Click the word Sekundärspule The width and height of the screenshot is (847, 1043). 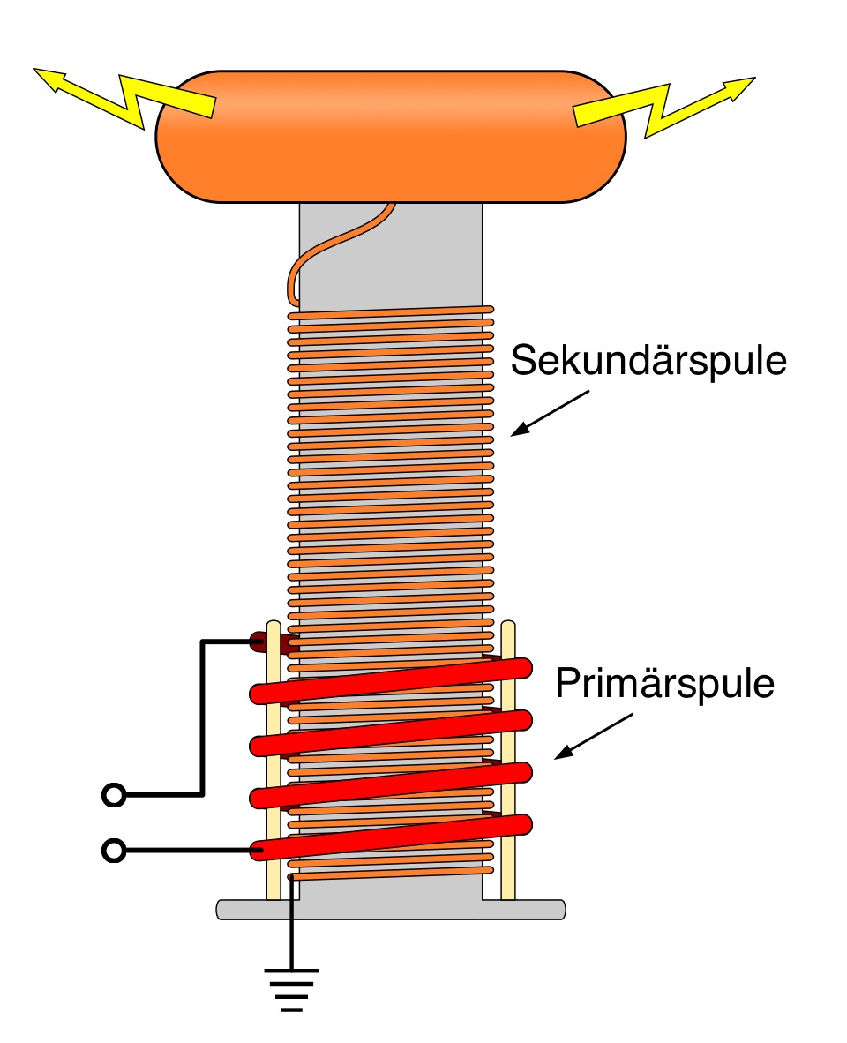(x=649, y=361)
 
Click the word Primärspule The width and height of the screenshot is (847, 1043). (x=665, y=685)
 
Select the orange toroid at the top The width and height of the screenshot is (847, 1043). (x=391, y=137)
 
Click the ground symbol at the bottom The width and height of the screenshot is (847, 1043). (x=291, y=987)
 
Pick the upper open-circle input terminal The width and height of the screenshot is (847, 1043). (x=114, y=795)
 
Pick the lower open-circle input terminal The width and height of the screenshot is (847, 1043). (x=114, y=850)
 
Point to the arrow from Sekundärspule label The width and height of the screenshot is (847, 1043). (x=549, y=413)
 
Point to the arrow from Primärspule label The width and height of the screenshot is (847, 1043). (x=596, y=737)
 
